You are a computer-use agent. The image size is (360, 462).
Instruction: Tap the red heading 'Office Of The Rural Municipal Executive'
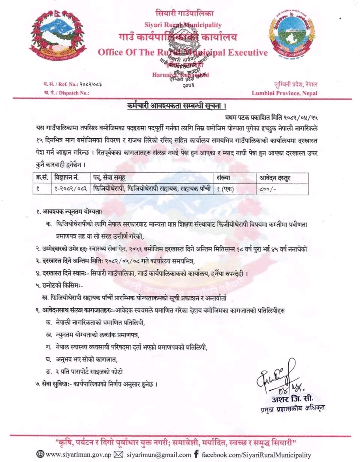(183, 52)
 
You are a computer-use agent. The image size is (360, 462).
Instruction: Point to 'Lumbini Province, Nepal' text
(285, 93)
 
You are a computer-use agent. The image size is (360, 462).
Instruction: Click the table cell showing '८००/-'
(266, 189)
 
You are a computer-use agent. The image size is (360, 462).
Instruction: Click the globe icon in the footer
(40, 454)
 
